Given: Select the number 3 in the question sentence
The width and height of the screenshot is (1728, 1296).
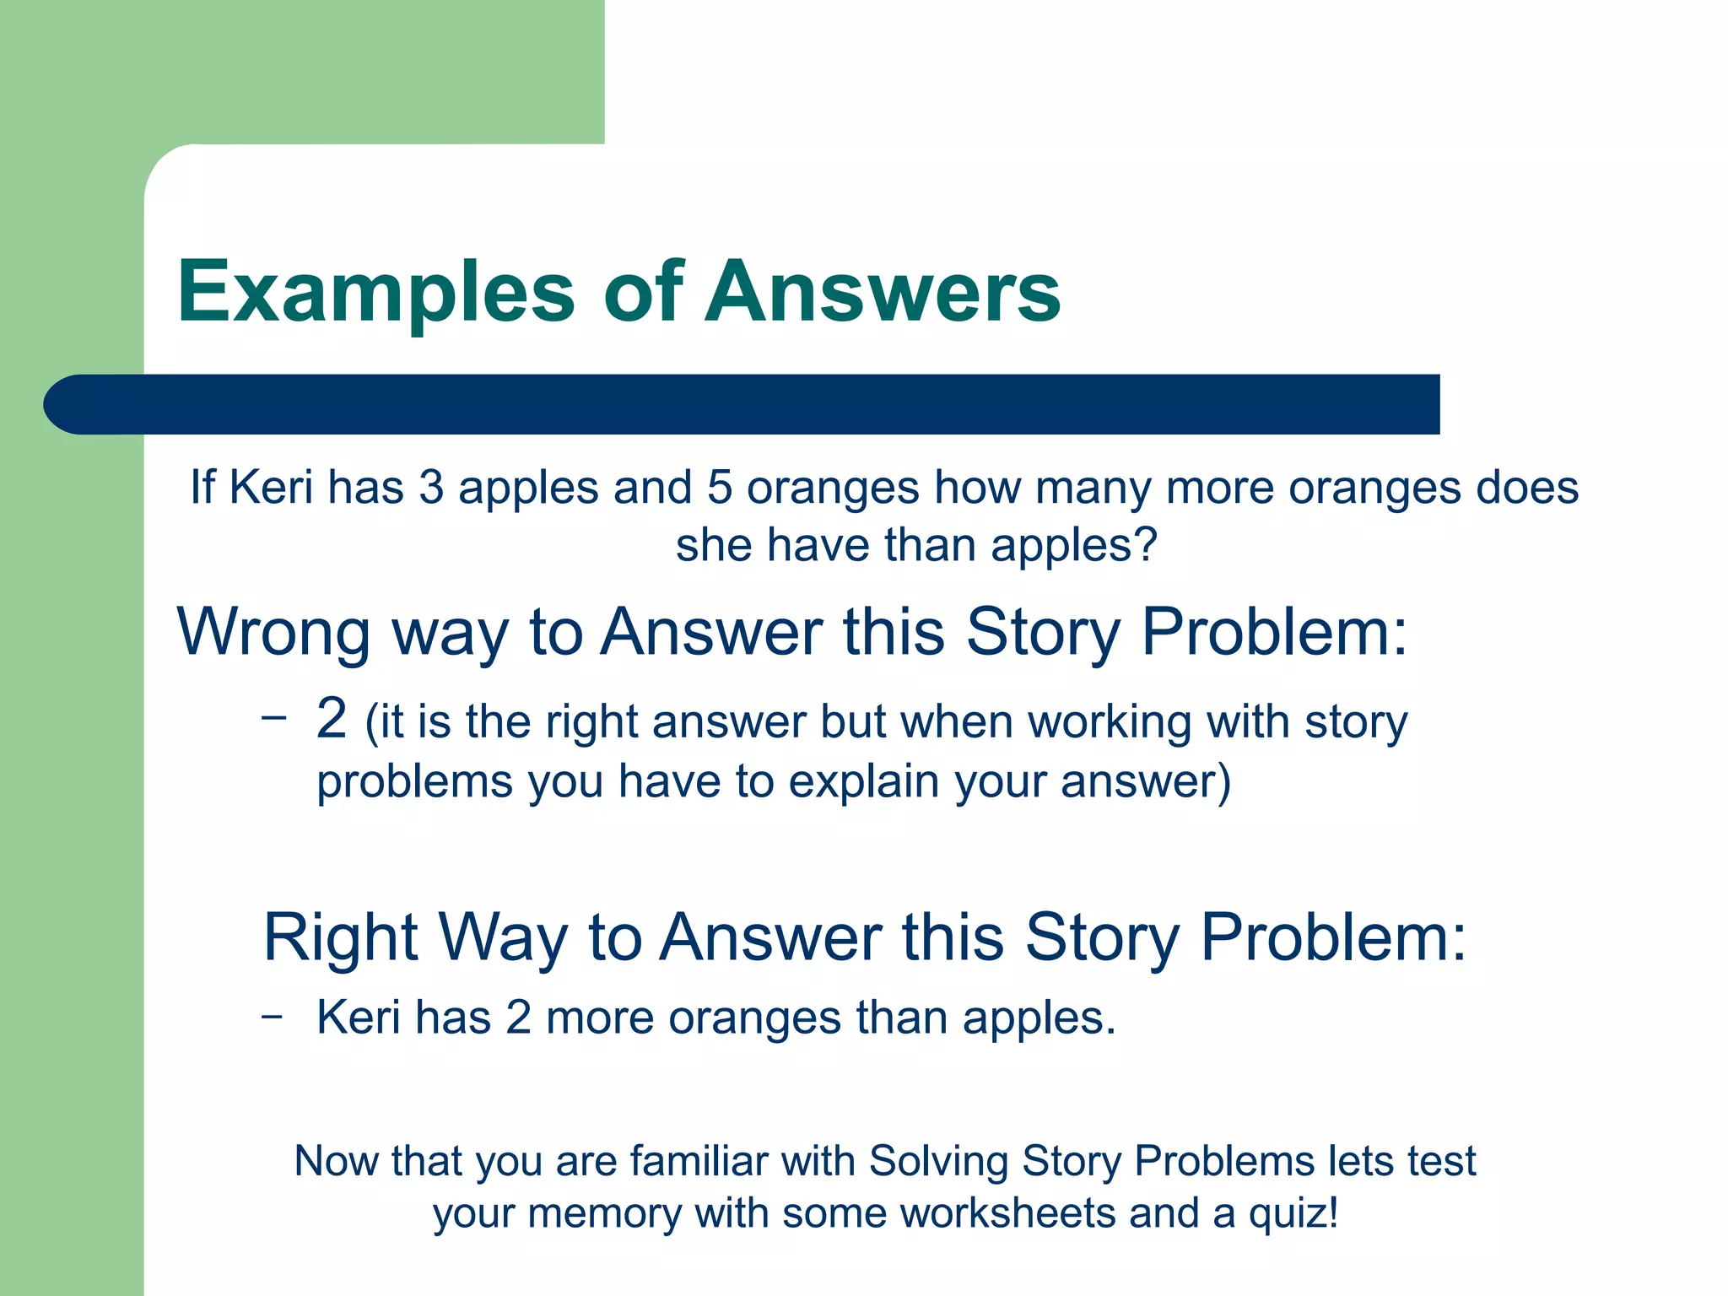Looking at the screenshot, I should pyautogui.click(x=431, y=488).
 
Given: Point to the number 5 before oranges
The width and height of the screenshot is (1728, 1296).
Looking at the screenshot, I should pyautogui.click(x=719, y=488).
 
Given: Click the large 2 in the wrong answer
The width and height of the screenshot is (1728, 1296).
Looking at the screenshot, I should pyautogui.click(x=332, y=719).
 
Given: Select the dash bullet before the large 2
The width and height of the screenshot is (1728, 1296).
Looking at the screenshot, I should pyautogui.click(x=273, y=718).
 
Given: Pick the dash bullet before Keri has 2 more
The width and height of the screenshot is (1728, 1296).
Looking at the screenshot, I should pyautogui.click(x=272, y=1016).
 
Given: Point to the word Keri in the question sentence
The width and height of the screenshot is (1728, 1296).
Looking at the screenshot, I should pyautogui.click(x=271, y=488).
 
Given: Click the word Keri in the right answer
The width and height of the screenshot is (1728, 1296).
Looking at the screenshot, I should pyautogui.click(x=358, y=1017).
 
